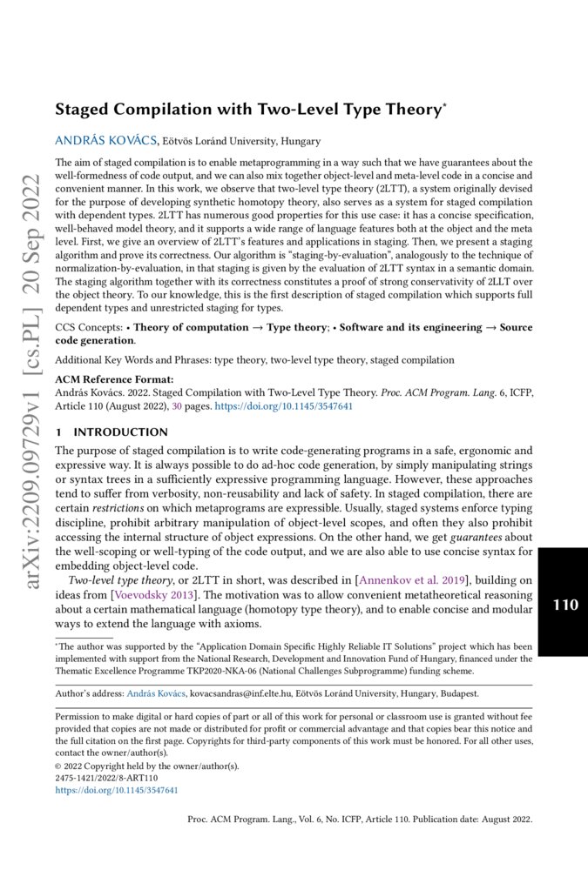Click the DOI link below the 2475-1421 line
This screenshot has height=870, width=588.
pyautogui.click(x=117, y=790)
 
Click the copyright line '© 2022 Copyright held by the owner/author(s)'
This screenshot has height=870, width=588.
pyautogui.click(x=146, y=766)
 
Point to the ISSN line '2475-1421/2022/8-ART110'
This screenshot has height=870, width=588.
pyautogui.click(x=109, y=778)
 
